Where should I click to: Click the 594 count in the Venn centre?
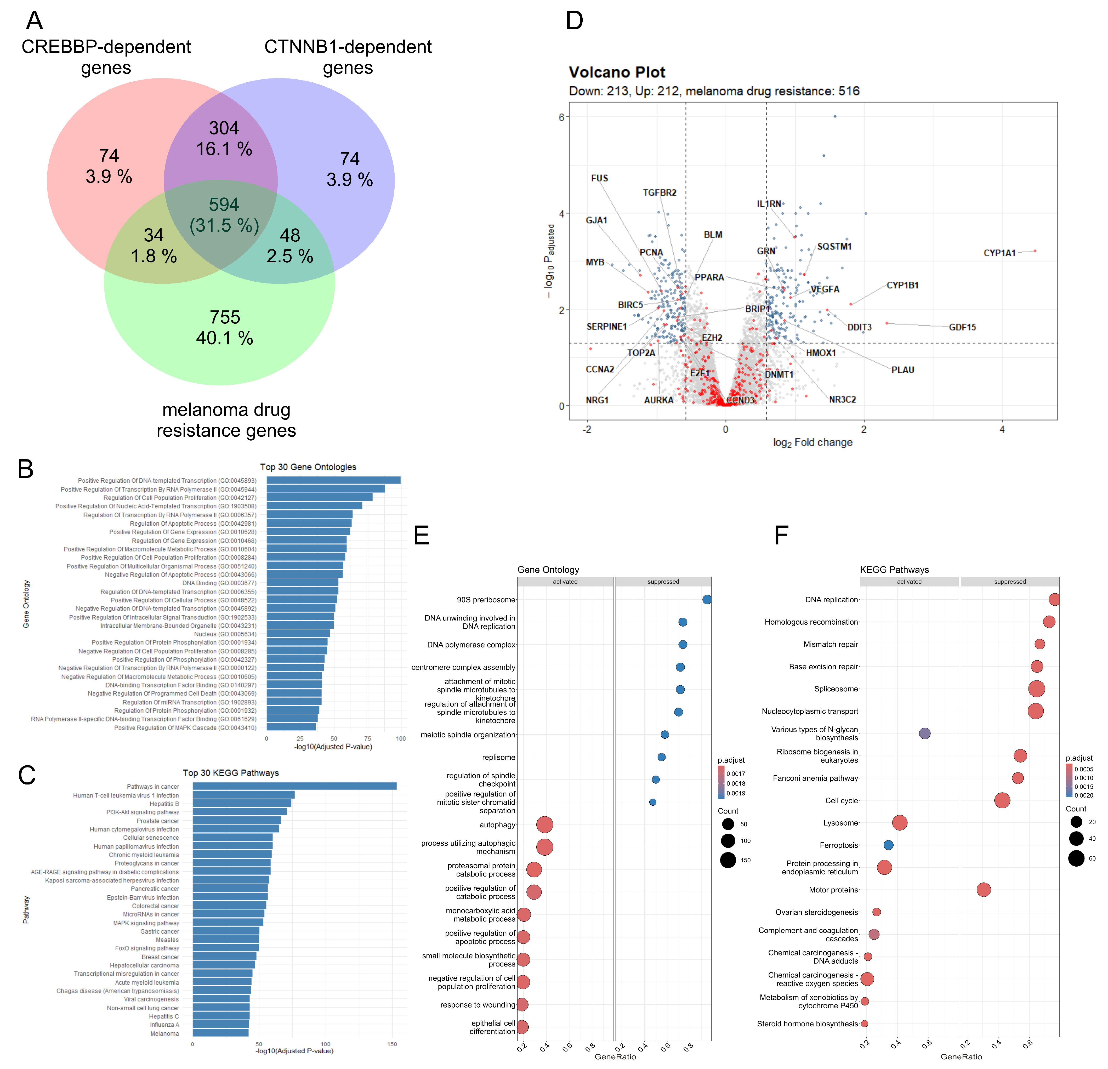pyautogui.click(x=224, y=205)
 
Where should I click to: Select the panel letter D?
pyautogui.click(x=574, y=21)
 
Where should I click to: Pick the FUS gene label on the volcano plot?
pyautogui.click(x=599, y=178)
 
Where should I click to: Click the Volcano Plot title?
pyautogui.click(x=617, y=72)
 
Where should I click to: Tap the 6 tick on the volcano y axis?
pyautogui.click(x=561, y=117)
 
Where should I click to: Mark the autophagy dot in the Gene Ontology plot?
pyautogui.click(x=544, y=825)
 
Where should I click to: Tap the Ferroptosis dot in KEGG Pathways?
pyautogui.click(x=888, y=845)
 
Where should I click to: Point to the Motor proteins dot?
pyautogui.click(x=984, y=890)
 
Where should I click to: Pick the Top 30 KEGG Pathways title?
pyautogui.click(x=231, y=773)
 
